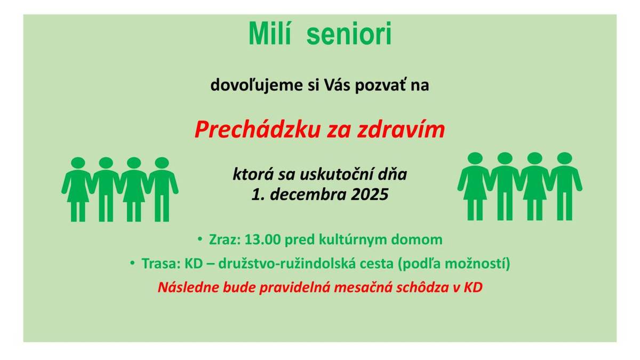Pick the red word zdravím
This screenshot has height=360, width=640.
pos(405,130)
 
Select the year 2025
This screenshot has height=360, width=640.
pos(370,195)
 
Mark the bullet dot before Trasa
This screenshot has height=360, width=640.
pos(132,263)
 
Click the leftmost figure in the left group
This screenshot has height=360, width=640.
pos(78,189)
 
